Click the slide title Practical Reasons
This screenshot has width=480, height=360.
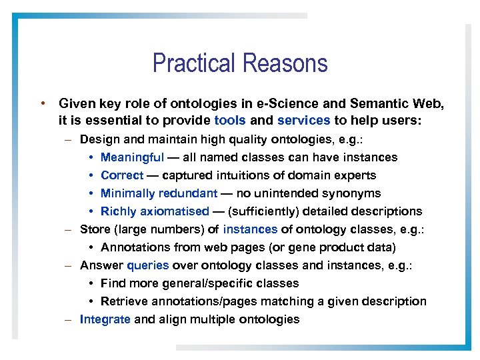240,63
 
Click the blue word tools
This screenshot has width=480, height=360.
230,121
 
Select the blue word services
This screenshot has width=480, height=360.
303,121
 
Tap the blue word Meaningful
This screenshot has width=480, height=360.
132,157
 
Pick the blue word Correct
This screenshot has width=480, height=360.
122,175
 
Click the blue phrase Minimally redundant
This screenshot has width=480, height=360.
159,193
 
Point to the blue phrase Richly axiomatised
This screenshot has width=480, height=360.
155,211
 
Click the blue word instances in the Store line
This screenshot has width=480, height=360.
250,229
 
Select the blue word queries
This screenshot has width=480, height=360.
147,265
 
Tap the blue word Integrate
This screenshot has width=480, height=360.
105,319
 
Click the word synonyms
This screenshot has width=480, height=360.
351,193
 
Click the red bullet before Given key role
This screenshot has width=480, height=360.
42,103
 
